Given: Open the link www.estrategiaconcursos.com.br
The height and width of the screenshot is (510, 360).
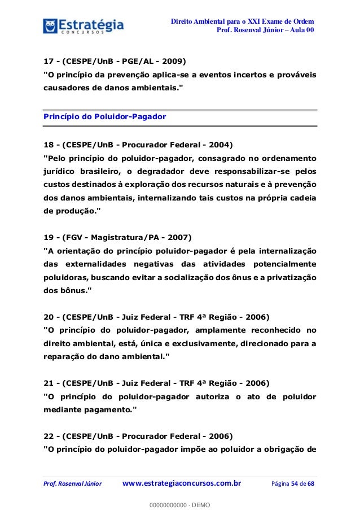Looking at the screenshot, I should tap(181, 483).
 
